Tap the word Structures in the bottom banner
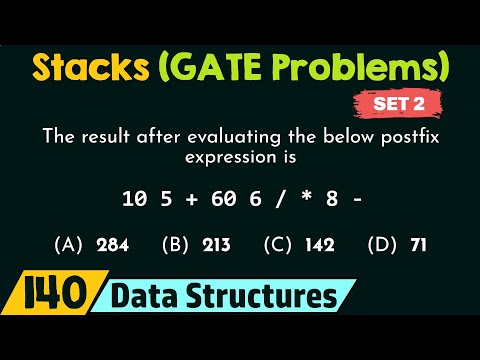[267, 298]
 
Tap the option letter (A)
[68, 244]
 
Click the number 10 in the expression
[134, 199]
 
